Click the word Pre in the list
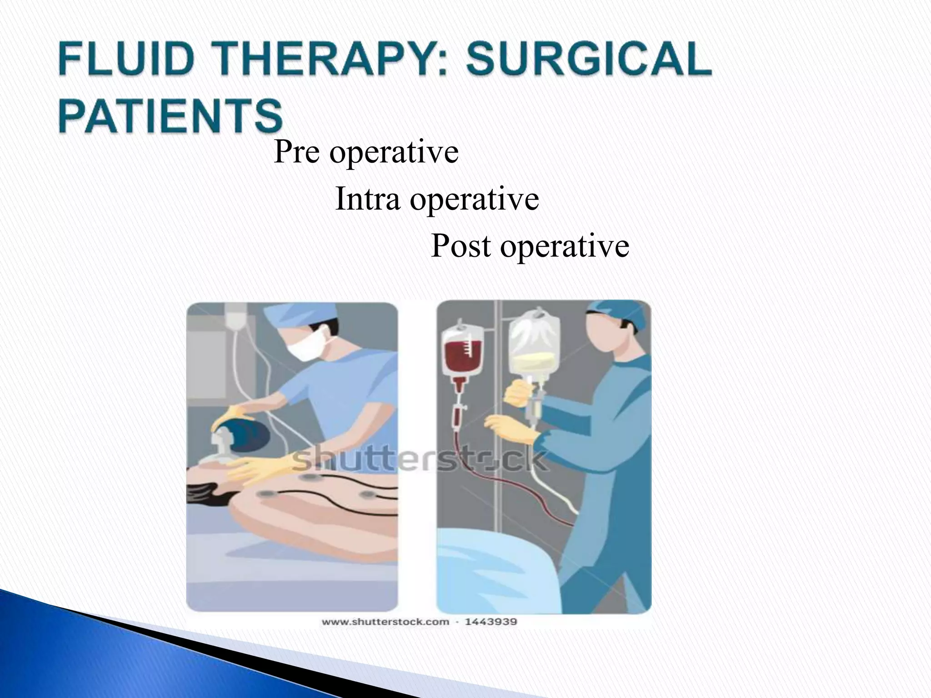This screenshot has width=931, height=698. [296, 152]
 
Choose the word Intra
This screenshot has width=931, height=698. [367, 199]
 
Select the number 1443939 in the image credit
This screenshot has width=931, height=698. [491, 622]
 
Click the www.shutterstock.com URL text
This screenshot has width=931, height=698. [385, 622]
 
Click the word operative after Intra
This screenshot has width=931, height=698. [474, 199]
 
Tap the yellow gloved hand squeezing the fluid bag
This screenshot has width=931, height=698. [519, 394]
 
